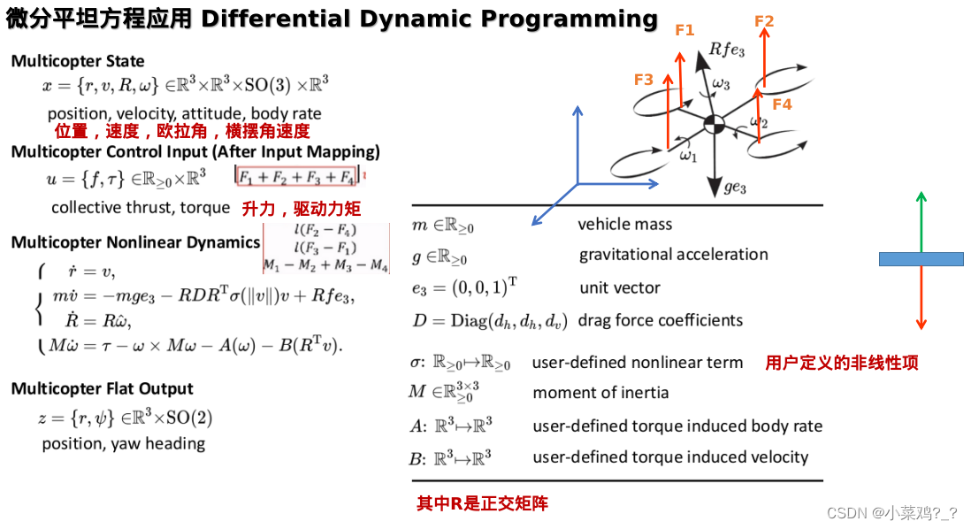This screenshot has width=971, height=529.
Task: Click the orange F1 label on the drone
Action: [x=684, y=30]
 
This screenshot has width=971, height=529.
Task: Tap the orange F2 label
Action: [x=765, y=21]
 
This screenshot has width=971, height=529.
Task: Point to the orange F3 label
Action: [x=644, y=80]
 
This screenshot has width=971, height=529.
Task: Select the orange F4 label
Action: [x=782, y=104]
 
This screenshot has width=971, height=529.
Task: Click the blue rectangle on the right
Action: [x=921, y=259]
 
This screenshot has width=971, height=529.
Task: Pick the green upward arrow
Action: [x=921, y=221]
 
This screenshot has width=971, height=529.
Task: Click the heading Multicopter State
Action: [x=78, y=61]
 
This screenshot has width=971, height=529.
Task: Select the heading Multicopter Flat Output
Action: [x=102, y=388]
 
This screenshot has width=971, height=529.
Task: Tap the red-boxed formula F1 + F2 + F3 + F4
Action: [x=296, y=177]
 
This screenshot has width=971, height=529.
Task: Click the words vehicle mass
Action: [x=624, y=225]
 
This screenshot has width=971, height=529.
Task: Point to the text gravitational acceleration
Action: [x=673, y=255]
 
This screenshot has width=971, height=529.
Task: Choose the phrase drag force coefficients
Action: [x=660, y=320]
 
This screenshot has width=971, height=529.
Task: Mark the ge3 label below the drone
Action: [x=735, y=188]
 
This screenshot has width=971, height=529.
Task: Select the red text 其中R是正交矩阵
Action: [x=482, y=504]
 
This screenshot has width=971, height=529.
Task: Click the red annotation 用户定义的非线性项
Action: [x=841, y=363]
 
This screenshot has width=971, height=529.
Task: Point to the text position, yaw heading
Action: [x=124, y=443]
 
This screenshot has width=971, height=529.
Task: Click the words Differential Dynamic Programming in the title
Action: [x=430, y=19]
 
